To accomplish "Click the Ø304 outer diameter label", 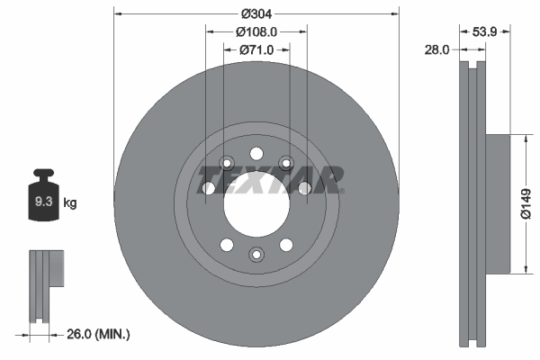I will pyautogui.click(x=256, y=13).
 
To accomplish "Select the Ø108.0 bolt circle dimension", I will pyautogui.click(x=256, y=31).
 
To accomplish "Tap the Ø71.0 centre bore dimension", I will pyautogui.click(x=256, y=49).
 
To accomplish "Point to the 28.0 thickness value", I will pyautogui.click(x=436, y=50).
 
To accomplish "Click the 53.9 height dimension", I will pyautogui.click(x=486, y=31).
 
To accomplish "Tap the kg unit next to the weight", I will pyautogui.click(x=70, y=203).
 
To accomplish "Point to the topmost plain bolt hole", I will pyautogui.click(x=256, y=152).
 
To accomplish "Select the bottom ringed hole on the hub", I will pyautogui.click(x=256, y=256).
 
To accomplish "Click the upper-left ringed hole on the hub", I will pyautogui.click(x=226, y=163).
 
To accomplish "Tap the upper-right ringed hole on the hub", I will pyautogui.click(x=286, y=163).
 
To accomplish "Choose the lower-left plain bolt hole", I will pyautogui.click(x=226, y=244).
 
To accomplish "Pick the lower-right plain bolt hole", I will pyautogui.click(x=286, y=244).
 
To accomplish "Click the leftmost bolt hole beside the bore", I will pyautogui.click(x=209, y=188).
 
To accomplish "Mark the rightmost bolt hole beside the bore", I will pyautogui.click(x=304, y=188).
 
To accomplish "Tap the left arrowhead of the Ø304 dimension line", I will pyautogui.click(x=118, y=13).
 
